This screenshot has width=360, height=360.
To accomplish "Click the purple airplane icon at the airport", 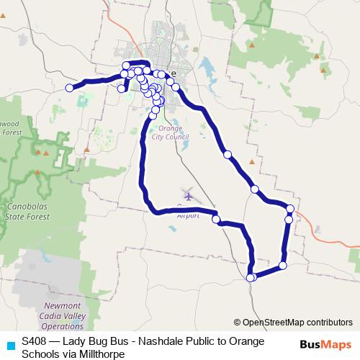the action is tap(189, 194).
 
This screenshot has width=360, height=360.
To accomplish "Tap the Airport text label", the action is tap(189, 214).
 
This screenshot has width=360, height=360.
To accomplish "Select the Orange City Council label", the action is tap(167, 132).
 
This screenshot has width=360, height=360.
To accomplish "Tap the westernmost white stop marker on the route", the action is tap(70, 88).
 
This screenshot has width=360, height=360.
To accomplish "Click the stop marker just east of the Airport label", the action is tap(216, 220).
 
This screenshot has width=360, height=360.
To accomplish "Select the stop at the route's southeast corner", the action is tap(282, 266).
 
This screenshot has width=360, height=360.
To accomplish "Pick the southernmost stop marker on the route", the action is tap(251, 278).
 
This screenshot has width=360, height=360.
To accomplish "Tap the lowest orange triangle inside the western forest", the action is tap(37, 171).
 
